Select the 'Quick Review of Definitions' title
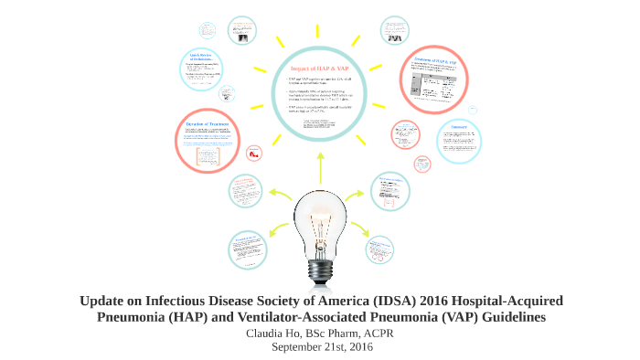pos(203,58)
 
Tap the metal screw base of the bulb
pos(319,269)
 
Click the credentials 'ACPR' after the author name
pos(377,333)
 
